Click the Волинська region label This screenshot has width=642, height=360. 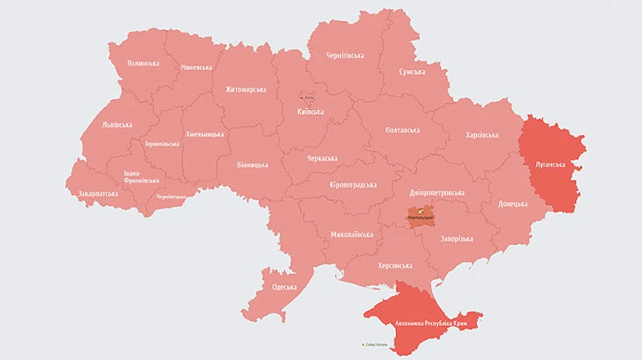click(x=143, y=63)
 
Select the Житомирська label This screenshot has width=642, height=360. click(x=246, y=89)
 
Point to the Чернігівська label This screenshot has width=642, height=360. click(x=344, y=56)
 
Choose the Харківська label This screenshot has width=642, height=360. click(x=481, y=135)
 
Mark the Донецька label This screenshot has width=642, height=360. click(x=513, y=204)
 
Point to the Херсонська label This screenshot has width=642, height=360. click(x=395, y=266)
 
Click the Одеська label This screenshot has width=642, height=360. click(x=284, y=287)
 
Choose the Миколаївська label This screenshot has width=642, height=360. click(x=351, y=235)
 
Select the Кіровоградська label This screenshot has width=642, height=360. click(x=353, y=185)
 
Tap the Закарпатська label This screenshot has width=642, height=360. click(x=98, y=193)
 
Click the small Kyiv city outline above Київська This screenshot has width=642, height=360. click(x=308, y=97)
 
